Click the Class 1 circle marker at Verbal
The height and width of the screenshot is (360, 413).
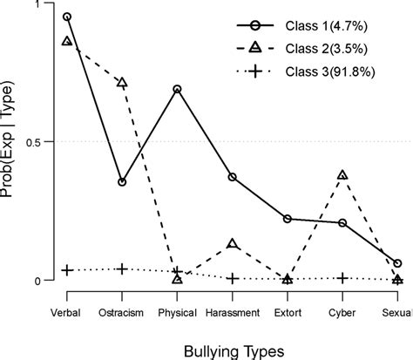(67, 17)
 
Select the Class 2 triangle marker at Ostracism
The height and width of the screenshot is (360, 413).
(122, 83)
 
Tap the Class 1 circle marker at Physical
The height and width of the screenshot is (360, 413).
(177, 89)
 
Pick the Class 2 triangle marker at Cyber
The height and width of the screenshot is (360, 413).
(342, 175)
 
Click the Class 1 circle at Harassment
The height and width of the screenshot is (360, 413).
(233, 177)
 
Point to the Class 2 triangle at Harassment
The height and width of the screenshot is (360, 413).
(233, 244)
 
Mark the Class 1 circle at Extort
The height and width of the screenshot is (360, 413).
(288, 219)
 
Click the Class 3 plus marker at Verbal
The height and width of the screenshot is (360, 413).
(67, 270)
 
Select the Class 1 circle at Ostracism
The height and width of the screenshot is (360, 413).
(122, 182)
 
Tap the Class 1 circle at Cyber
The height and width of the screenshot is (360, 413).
(342, 223)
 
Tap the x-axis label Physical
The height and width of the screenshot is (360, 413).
(177, 312)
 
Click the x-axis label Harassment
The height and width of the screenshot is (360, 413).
(233, 312)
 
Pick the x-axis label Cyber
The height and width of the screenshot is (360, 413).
(342, 312)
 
